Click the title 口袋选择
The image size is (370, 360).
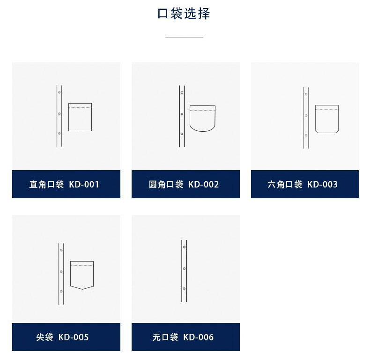184,14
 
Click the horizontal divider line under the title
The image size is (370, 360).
184,37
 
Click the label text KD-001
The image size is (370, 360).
84,185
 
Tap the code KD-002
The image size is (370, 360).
204,185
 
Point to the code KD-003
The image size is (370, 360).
323,185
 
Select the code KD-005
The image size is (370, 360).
74,337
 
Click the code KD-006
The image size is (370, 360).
199,337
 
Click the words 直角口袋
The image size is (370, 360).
46,185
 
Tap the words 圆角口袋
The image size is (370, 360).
166,185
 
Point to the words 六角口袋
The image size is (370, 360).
285,185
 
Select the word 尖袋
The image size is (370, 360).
44,337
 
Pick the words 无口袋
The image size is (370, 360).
165,337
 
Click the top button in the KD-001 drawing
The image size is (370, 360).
59,92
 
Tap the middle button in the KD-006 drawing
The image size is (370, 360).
184,269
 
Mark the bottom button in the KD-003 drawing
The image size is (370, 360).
306,135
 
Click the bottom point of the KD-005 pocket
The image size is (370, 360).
82,289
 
